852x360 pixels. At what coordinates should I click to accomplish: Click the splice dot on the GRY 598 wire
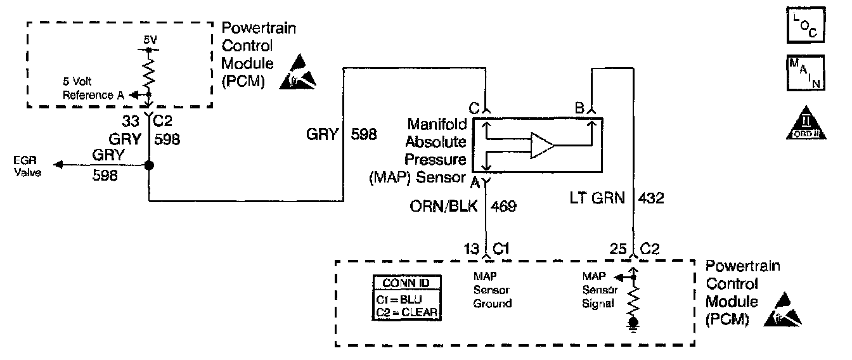[148, 165]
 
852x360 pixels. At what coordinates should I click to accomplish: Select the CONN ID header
[406, 283]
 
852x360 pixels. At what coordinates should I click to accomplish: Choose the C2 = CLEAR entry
[406, 311]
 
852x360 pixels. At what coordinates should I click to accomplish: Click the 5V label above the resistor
[149, 40]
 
